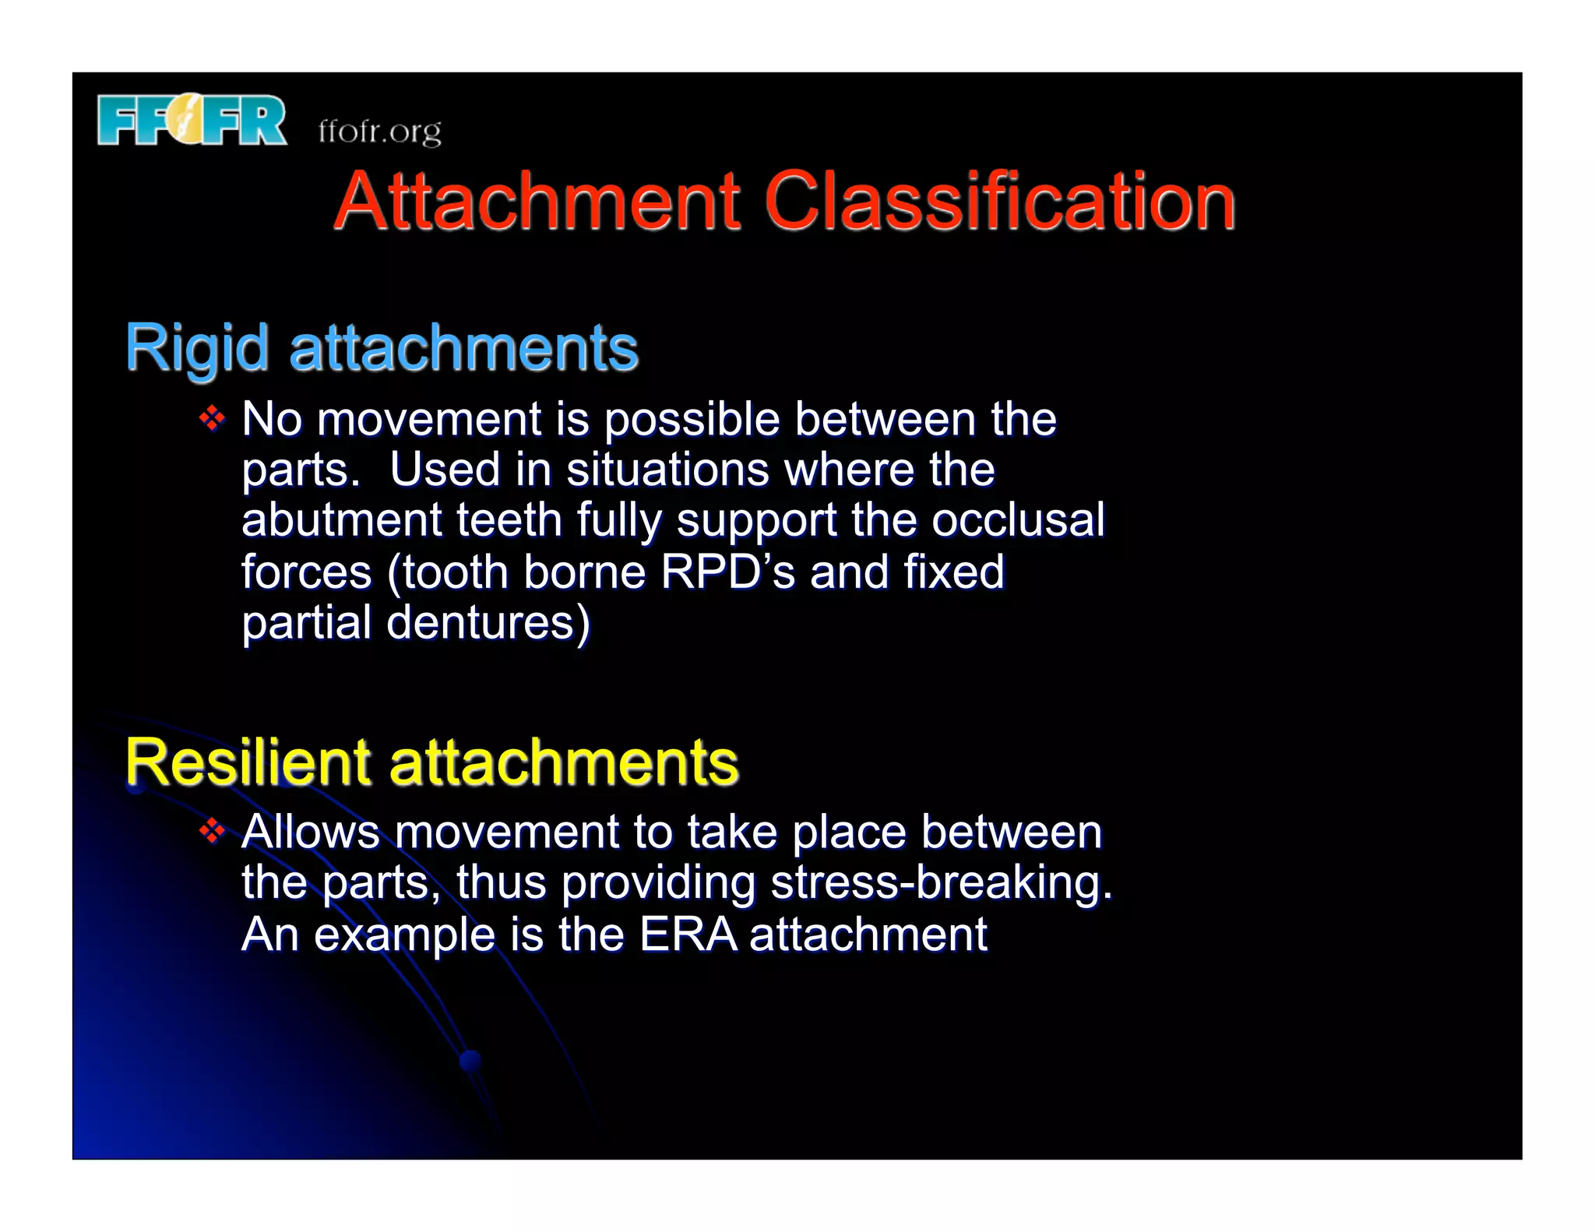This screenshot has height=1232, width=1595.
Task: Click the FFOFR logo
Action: [192, 120]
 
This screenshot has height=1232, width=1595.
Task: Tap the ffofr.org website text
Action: [379, 131]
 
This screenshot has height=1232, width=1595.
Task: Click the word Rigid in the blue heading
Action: [197, 348]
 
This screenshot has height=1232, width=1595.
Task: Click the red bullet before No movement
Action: [212, 420]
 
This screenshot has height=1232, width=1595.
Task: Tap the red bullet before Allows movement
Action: [212, 832]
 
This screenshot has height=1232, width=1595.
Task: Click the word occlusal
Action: [1018, 520]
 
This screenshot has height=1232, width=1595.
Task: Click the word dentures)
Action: [488, 623]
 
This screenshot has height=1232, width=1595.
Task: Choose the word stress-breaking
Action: [942, 882]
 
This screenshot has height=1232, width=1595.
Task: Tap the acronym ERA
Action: [688, 934]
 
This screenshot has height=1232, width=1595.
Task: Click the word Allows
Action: [311, 832]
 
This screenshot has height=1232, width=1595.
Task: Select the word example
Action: [404, 935]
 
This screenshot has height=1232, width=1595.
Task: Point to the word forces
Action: [307, 572]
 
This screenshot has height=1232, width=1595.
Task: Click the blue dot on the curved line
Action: [470, 1059]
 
